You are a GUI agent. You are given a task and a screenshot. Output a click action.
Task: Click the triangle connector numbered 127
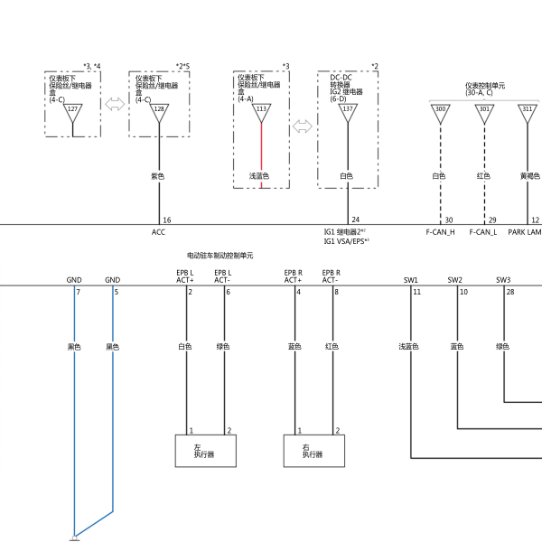(x=72, y=112)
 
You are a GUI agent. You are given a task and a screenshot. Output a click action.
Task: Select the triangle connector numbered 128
(x=159, y=112)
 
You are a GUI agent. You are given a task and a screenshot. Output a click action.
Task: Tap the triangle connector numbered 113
(x=261, y=112)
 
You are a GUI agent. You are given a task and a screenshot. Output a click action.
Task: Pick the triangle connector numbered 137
(x=348, y=112)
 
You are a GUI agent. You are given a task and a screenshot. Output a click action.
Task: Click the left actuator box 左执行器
(x=206, y=451)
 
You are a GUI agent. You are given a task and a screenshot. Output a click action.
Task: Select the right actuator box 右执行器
(x=314, y=451)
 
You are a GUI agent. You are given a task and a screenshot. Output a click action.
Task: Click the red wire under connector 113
(x=261, y=155)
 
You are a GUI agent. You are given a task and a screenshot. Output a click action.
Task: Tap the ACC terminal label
(x=158, y=232)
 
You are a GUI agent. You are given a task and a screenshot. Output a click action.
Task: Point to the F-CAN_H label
(x=440, y=232)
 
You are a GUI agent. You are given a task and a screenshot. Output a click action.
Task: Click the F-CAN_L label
(x=483, y=232)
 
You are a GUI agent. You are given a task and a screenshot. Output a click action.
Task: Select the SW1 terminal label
(x=411, y=280)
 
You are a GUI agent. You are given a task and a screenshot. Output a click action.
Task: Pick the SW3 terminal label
(x=503, y=280)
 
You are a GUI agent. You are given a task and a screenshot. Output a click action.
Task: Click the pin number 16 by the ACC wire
(x=167, y=220)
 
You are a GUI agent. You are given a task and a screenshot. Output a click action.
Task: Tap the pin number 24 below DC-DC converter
(x=356, y=220)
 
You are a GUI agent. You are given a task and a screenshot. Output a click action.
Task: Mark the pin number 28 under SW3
(x=510, y=292)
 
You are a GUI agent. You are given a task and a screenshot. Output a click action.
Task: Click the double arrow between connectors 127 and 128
(x=115, y=104)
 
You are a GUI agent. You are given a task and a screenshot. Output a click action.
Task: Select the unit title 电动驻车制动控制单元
(x=220, y=256)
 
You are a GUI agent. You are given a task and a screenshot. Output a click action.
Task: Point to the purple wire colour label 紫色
(x=157, y=176)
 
